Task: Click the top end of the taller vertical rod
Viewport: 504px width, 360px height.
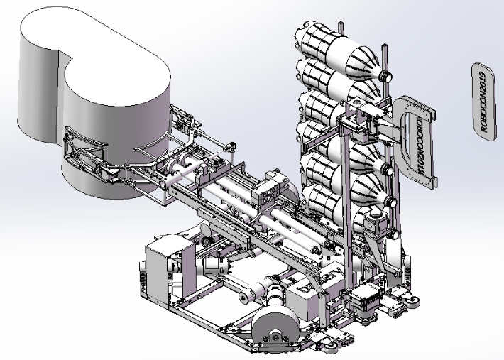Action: (x=385, y=48)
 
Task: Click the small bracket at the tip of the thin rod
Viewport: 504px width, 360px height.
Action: (x=229, y=147)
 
